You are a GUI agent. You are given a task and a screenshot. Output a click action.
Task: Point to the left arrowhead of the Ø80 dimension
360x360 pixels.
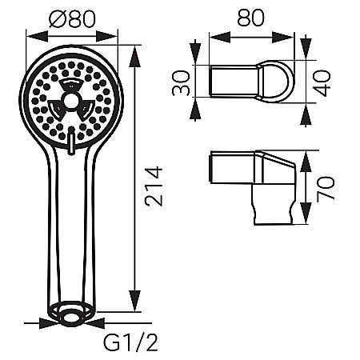[30, 36]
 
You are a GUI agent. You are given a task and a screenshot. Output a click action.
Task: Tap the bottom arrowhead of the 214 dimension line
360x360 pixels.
[135, 311]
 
